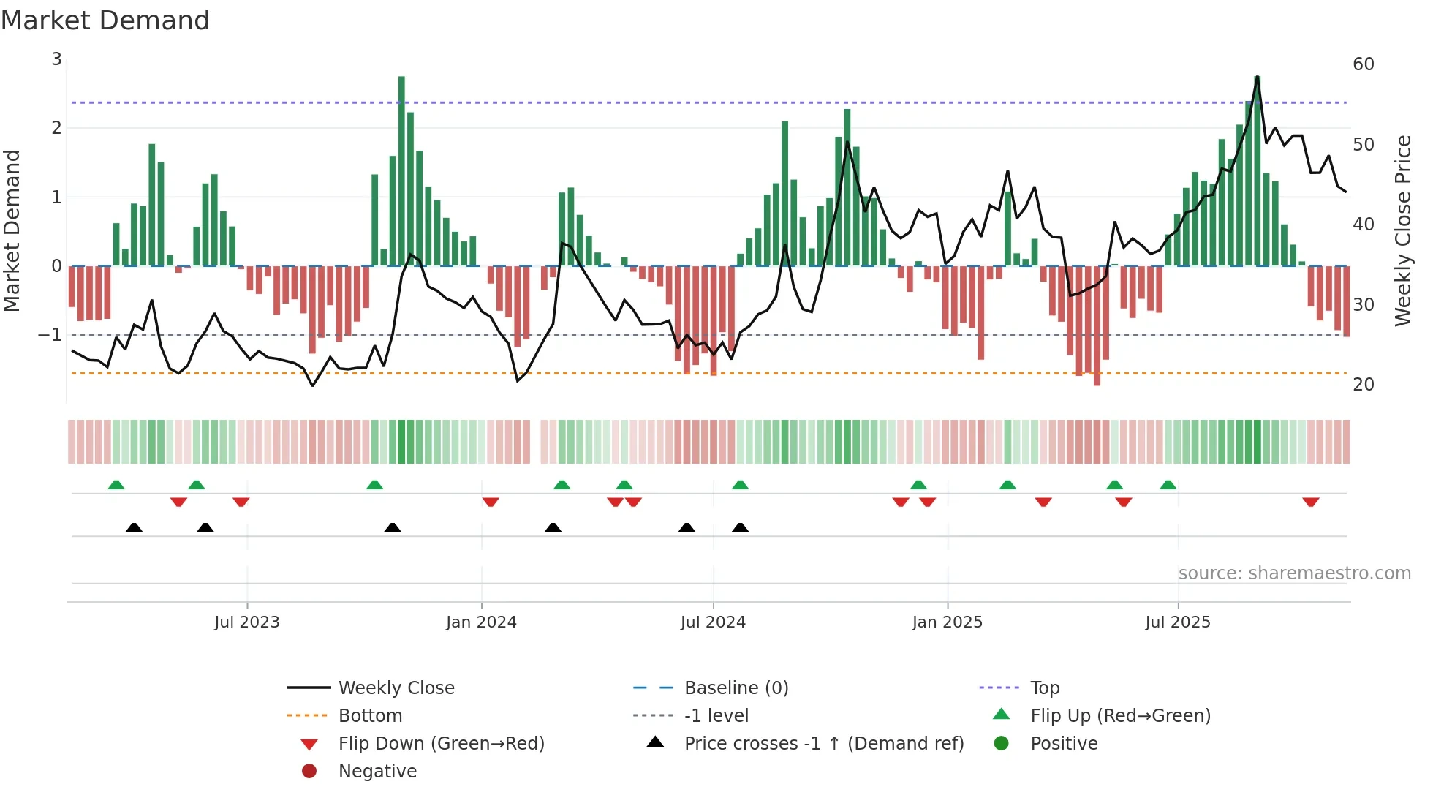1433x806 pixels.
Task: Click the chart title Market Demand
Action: [x=105, y=20]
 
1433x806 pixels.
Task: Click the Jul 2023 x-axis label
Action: [x=246, y=622]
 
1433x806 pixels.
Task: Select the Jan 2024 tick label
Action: [x=481, y=622]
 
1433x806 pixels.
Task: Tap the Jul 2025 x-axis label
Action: [x=1177, y=622]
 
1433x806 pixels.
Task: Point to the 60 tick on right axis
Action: [x=1363, y=64]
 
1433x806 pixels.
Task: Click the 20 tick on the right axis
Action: [x=1363, y=385]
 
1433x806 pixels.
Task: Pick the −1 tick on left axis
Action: [x=50, y=335]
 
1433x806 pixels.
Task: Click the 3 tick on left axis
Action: [x=56, y=59]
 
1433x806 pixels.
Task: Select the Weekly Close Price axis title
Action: [x=1402, y=230]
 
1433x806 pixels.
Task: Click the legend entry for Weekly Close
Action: [x=396, y=688]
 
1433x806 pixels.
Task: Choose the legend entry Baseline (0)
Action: [x=736, y=688]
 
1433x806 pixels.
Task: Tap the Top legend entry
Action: [x=1044, y=688]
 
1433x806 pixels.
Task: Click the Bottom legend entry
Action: [x=370, y=716]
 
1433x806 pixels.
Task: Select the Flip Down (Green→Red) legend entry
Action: [x=441, y=744]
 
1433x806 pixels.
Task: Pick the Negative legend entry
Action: [x=377, y=772]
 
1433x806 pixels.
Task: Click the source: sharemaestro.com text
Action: [x=1294, y=573]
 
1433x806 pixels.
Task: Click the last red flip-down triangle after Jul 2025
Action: [x=1310, y=502]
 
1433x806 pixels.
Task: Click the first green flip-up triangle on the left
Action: [x=116, y=485]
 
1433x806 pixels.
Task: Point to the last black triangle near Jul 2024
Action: [x=740, y=527]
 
